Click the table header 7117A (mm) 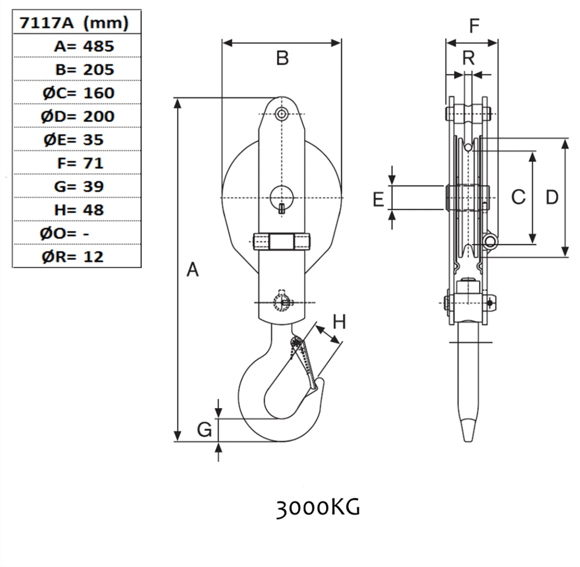click(x=74, y=23)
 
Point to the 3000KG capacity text click(x=318, y=508)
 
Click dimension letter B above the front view click(x=282, y=58)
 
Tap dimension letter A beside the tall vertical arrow click(x=192, y=269)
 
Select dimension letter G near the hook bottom click(x=204, y=429)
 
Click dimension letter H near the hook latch click(x=339, y=322)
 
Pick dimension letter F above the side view click(x=474, y=26)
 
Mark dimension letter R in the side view click(x=468, y=58)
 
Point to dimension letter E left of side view click(x=378, y=199)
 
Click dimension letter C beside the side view click(x=518, y=197)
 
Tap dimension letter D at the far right click(x=551, y=197)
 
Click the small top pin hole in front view click(x=281, y=113)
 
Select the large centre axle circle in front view click(x=282, y=197)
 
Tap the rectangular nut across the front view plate click(x=281, y=241)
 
